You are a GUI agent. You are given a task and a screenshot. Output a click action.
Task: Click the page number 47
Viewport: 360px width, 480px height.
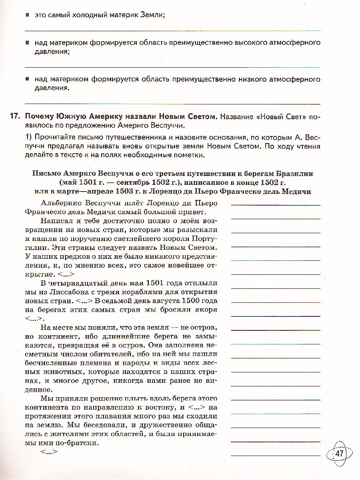340,454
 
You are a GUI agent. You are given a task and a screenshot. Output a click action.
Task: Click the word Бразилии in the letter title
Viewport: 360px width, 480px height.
294,173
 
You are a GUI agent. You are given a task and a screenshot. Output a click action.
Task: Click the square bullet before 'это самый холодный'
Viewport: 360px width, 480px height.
27,15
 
